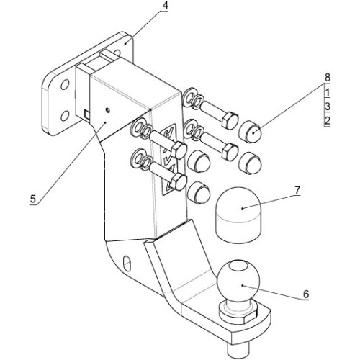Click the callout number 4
165,6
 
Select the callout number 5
32,199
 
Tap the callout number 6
305,294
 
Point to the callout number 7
297,190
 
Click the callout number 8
327,78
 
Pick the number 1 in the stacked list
328,92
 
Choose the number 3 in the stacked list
328,107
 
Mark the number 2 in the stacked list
328,121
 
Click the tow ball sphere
238,280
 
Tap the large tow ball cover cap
238,215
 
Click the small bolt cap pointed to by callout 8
250,131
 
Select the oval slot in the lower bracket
127,264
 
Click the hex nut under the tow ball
238,312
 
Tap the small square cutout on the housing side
87,114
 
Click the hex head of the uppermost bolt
230,121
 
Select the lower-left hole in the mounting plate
65,116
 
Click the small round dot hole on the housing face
108,110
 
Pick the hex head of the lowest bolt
179,182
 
